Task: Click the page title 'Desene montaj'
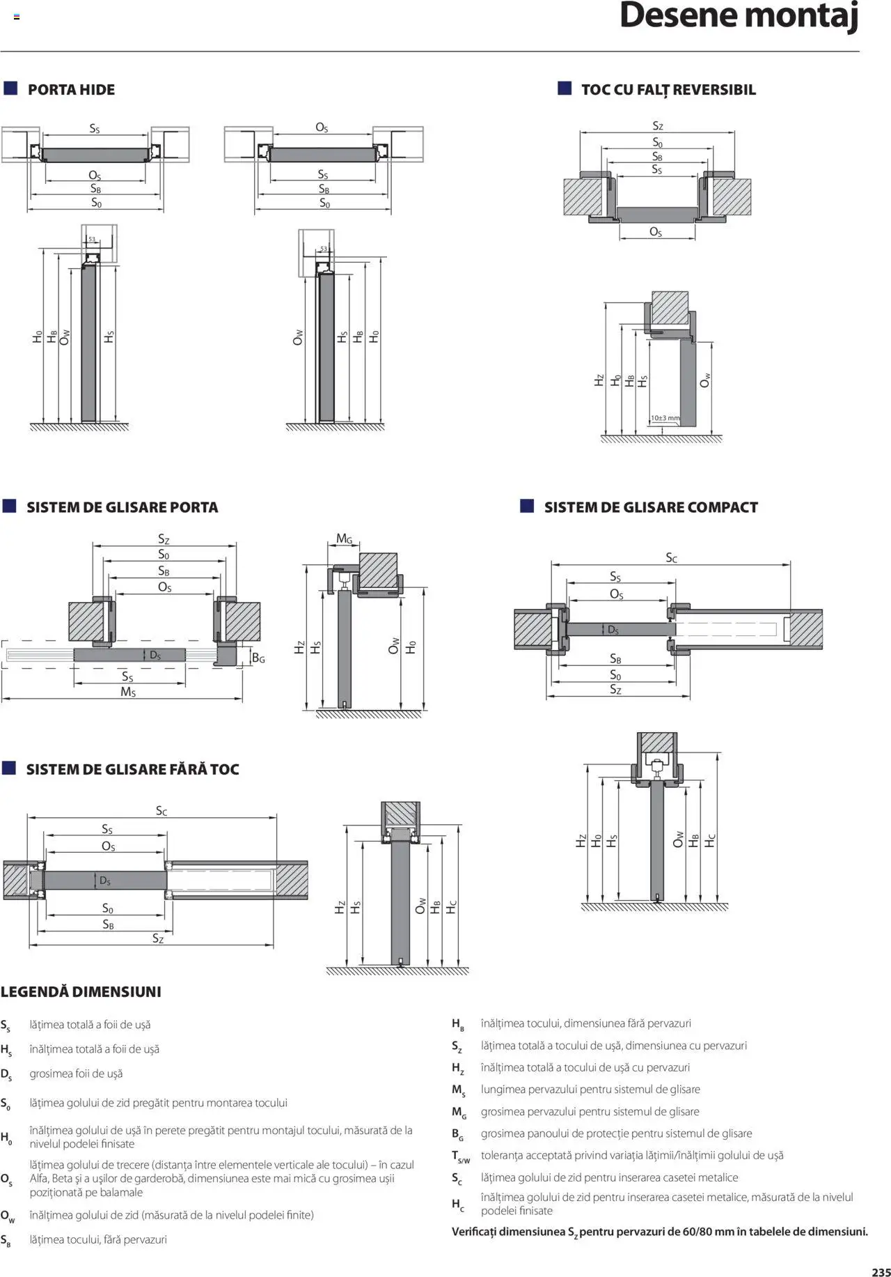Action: click(739, 16)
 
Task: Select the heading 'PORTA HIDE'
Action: click(71, 90)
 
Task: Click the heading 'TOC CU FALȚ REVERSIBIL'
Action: click(668, 90)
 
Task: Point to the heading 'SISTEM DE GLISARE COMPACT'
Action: click(651, 507)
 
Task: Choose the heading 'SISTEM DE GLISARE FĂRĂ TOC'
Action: click(132, 770)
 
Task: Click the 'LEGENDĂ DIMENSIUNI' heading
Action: click(81, 992)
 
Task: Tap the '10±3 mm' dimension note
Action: click(665, 418)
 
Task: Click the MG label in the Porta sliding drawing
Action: click(345, 539)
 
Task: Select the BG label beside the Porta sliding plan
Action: click(258, 658)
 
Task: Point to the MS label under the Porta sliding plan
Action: click(128, 692)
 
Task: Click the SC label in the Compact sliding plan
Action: click(671, 558)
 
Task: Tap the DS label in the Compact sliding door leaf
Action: click(613, 630)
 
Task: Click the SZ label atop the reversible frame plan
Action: click(658, 126)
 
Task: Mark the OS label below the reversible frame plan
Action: click(656, 232)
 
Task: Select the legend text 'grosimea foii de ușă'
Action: click(76, 1074)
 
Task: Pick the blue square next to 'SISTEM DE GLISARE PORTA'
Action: click(10, 506)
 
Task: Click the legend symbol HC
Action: click(457, 1204)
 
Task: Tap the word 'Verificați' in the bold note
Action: click(479, 1232)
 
